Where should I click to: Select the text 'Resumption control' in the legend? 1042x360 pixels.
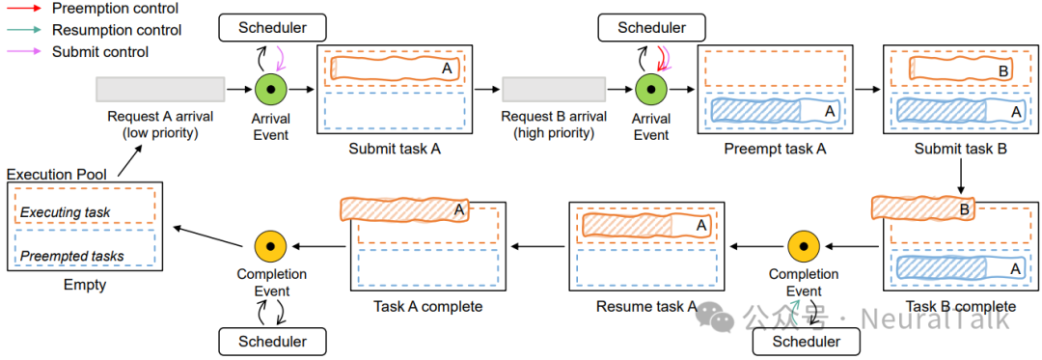click(x=117, y=30)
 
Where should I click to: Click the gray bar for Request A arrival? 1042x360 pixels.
click(x=159, y=89)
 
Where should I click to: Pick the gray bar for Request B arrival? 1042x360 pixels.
click(x=554, y=89)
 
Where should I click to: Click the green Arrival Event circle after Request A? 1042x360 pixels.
click(x=271, y=89)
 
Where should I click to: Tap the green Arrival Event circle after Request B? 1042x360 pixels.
click(x=651, y=89)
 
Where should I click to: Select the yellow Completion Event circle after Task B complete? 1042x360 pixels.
click(x=803, y=246)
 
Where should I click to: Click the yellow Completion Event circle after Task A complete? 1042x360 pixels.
click(x=272, y=246)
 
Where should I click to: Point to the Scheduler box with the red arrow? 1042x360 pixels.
click(x=653, y=28)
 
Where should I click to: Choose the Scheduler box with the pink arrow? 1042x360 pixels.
click(x=273, y=27)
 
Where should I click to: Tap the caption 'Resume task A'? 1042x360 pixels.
click(x=646, y=307)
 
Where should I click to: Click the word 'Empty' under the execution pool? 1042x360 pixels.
click(x=85, y=286)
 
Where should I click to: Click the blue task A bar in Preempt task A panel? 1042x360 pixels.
click(x=774, y=110)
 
